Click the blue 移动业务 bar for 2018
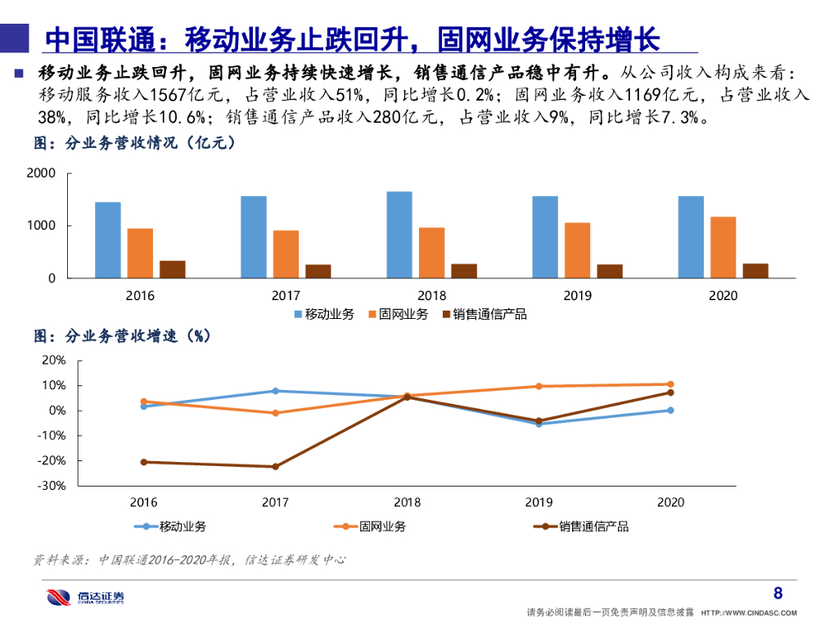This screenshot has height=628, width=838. click(x=399, y=235)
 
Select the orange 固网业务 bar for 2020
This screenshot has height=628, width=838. click(x=723, y=247)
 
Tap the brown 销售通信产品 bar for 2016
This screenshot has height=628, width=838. click(x=172, y=269)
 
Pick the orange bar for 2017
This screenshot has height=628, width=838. click(x=286, y=253)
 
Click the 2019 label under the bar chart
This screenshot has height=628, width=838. click(x=578, y=295)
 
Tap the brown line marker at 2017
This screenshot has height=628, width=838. click(x=276, y=467)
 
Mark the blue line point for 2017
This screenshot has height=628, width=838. click(x=276, y=391)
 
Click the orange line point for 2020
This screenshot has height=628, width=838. click(x=670, y=384)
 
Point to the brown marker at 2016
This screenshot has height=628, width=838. click(x=144, y=462)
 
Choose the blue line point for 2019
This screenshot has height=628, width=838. click(x=538, y=424)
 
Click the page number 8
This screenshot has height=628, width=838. click(x=777, y=593)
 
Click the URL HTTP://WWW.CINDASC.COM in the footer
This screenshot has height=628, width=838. click(x=749, y=612)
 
